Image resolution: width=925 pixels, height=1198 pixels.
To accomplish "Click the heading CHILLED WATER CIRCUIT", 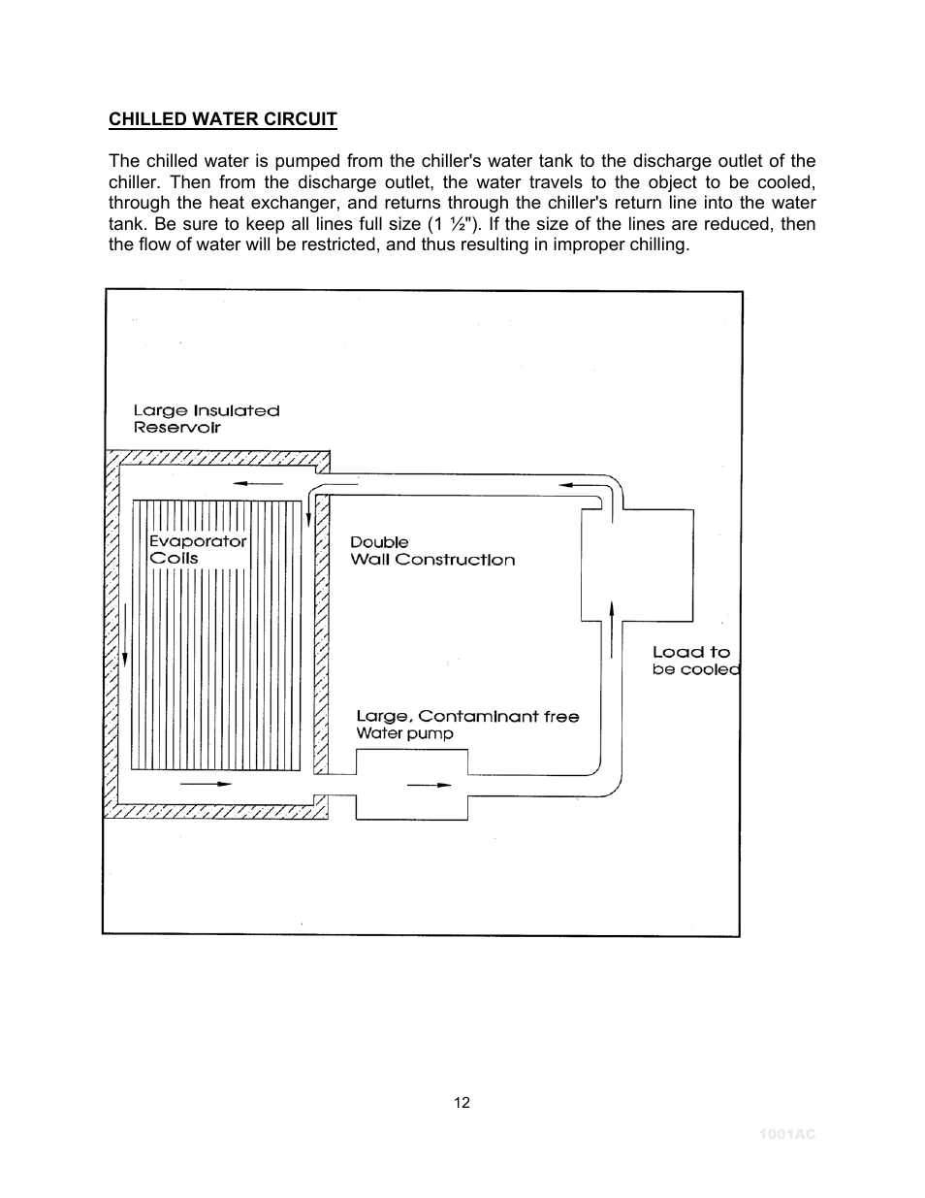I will point(222,119).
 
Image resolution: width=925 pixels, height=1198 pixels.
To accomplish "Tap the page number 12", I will point(462,1102).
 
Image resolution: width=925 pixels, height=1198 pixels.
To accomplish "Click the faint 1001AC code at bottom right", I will point(786,1134).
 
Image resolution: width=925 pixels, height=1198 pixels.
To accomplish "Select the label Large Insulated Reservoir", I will point(206,419).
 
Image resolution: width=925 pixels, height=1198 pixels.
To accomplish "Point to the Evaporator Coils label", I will point(197,549).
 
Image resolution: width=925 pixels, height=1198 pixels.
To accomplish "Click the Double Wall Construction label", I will point(431,551).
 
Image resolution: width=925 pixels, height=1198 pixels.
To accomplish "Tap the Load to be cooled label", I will point(695,661).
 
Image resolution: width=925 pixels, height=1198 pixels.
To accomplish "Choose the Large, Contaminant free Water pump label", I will point(466,725).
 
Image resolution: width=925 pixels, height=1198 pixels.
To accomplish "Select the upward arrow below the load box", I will point(612,630).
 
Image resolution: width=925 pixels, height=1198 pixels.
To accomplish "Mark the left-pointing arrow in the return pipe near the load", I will point(579,483).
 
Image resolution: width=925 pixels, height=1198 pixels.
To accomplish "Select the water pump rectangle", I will point(411,785).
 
